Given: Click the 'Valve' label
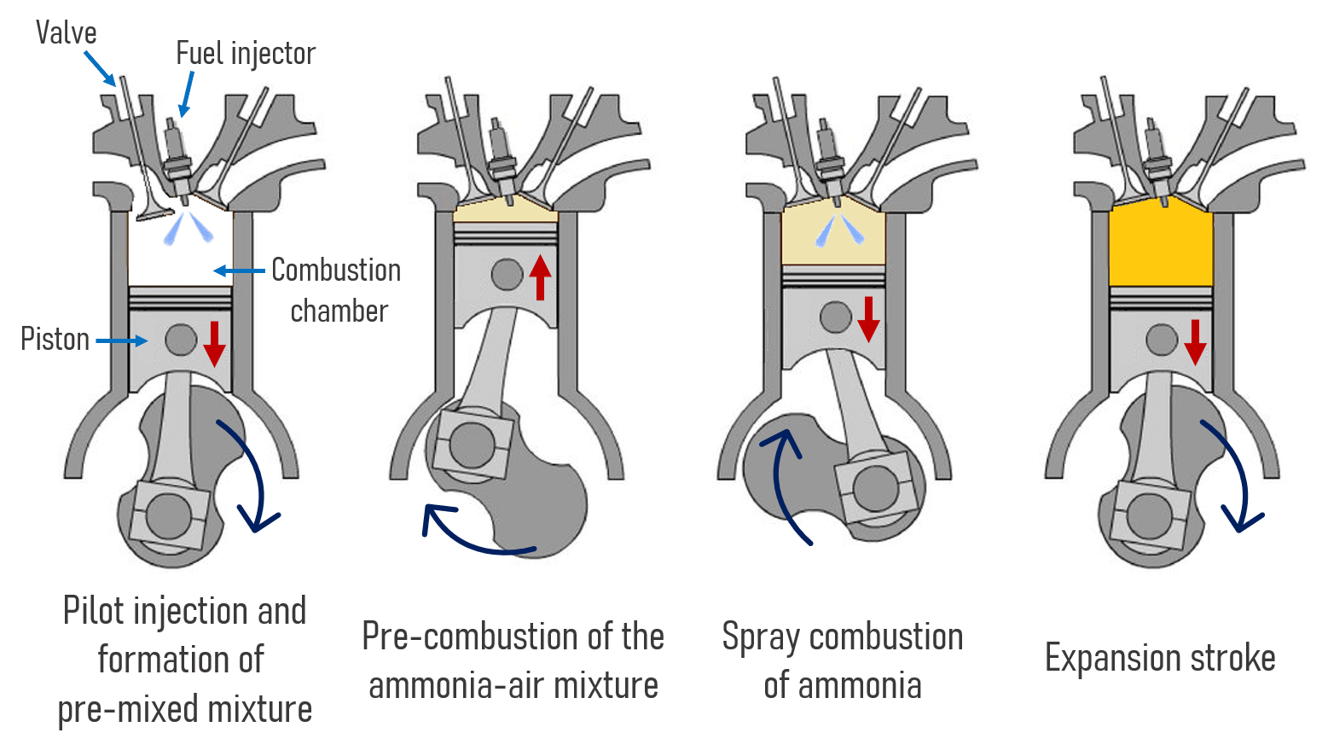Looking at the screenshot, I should click(x=66, y=33).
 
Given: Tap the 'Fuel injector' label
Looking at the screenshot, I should click(x=246, y=54).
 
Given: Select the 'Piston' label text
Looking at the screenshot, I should click(x=55, y=340).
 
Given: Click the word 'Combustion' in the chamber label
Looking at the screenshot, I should click(x=336, y=270).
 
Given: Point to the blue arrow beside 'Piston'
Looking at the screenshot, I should click(x=121, y=341).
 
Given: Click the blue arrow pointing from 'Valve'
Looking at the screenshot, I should click(x=100, y=68).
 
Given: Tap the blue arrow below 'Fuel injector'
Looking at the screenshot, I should click(x=186, y=94).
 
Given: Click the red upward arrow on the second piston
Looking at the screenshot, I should click(x=540, y=276).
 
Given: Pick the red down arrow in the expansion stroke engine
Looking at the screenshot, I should click(x=1195, y=341).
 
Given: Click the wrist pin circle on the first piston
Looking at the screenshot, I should click(x=181, y=340).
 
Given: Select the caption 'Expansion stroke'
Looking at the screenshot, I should click(x=1160, y=658).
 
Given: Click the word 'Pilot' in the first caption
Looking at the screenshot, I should click(x=94, y=611).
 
